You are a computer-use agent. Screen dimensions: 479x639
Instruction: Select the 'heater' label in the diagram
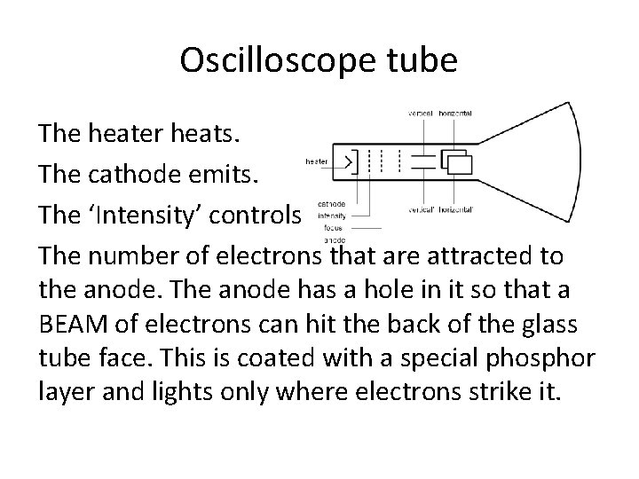tap(316, 161)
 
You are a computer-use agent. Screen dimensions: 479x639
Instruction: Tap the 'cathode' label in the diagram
tap(331, 203)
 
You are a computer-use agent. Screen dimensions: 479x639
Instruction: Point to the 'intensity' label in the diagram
tap(331, 215)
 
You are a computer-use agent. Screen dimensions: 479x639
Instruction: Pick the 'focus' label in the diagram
tap(335, 226)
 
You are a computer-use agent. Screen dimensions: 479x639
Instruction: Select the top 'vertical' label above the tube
tap(420, 114)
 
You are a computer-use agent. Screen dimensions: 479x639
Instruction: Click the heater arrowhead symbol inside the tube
tap(349, 162)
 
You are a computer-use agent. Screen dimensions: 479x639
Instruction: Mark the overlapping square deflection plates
tap(458, 163)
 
